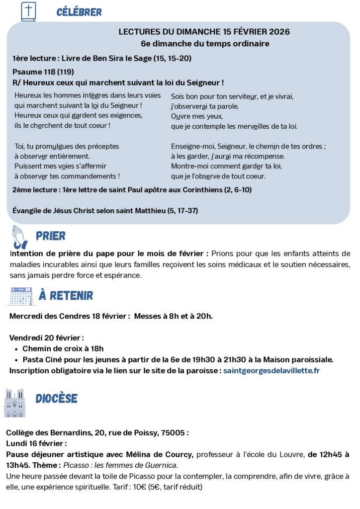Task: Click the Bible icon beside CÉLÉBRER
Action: point(28,11)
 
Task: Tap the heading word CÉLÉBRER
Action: point(79,12)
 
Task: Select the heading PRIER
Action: point(51,236)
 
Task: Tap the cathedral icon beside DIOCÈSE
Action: point(14,402)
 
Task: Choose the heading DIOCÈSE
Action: point(56,398)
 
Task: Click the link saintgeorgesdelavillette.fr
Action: point(271,371)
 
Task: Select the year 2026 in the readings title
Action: point(279,32)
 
